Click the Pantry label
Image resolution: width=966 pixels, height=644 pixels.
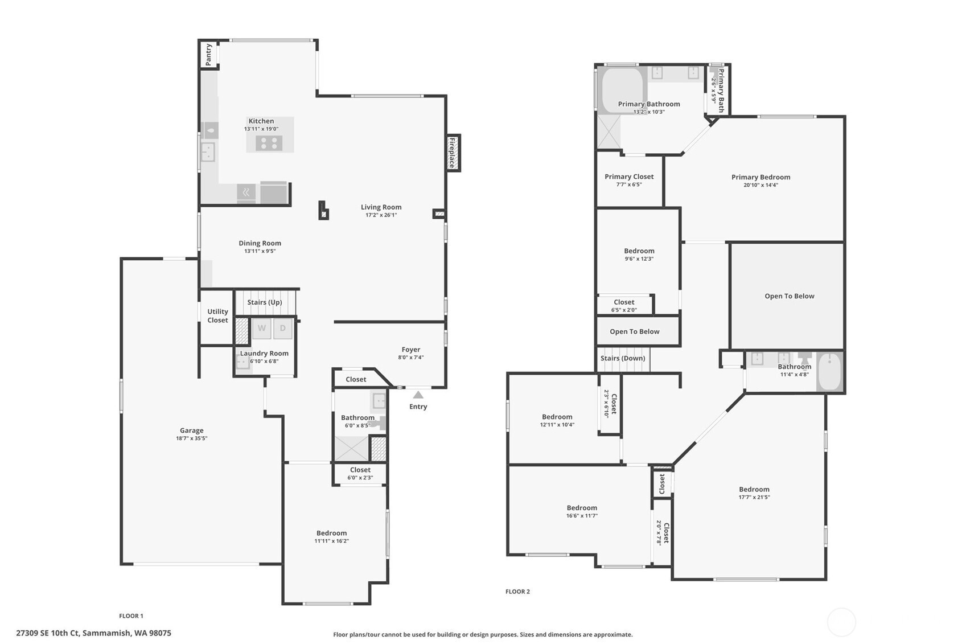(x=209, y=55)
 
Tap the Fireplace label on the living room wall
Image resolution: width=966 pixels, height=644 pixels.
(x=452, y=153)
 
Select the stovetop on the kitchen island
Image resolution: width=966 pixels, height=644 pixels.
(x=269, y=143)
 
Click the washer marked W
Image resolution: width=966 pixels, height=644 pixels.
(x=261, y=328)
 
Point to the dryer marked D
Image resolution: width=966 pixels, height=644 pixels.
(x=283, y=328)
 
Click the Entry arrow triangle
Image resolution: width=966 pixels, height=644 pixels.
(x=418, y=395)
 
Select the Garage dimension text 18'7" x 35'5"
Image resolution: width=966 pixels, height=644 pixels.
(x=191, y=438)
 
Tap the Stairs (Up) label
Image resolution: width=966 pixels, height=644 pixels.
(x=265, y=302)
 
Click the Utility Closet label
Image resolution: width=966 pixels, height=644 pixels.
(x=217, y=316)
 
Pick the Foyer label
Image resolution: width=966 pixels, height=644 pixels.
(x=410, y=350)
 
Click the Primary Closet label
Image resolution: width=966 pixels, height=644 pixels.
(x=629, y=177)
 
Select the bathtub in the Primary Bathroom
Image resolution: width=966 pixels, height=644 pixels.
(x=622, y=90)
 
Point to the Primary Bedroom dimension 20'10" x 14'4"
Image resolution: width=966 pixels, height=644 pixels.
(x=761, y=185)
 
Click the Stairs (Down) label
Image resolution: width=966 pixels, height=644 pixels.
(x=623, y=358)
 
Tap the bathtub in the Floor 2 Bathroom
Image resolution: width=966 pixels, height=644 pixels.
(x=830, y=372)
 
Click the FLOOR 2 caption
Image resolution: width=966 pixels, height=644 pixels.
(x=517, y=592)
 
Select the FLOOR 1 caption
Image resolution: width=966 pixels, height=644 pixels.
(x=131, y=616)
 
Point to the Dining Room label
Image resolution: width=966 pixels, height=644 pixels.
(x=260, y=243)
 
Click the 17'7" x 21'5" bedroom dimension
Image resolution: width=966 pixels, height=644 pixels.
(x=754, y=497)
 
